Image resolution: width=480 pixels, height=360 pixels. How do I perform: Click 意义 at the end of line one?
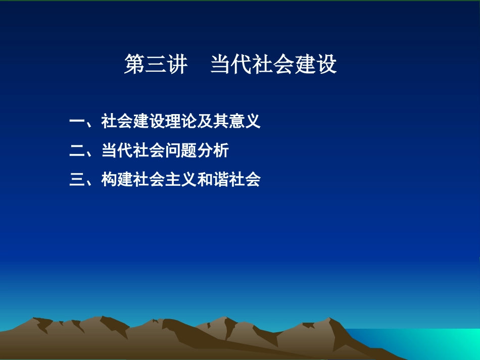click(x=245, y=122)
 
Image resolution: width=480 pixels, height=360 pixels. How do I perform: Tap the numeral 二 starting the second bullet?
click(x=77, y=150)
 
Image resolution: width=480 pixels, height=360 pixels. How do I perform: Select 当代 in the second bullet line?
click(x=117, y=150)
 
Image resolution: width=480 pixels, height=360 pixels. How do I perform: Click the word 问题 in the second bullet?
click(x=181, y=150)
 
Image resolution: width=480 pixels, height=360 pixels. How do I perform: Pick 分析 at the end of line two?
click(x=213, y=150)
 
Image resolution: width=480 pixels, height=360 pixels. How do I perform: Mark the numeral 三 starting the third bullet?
click(x=77, y=180)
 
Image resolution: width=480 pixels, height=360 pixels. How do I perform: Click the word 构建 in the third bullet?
click(x=117, y=180)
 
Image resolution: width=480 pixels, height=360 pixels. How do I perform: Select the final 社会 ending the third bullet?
click(x=245, y=180)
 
